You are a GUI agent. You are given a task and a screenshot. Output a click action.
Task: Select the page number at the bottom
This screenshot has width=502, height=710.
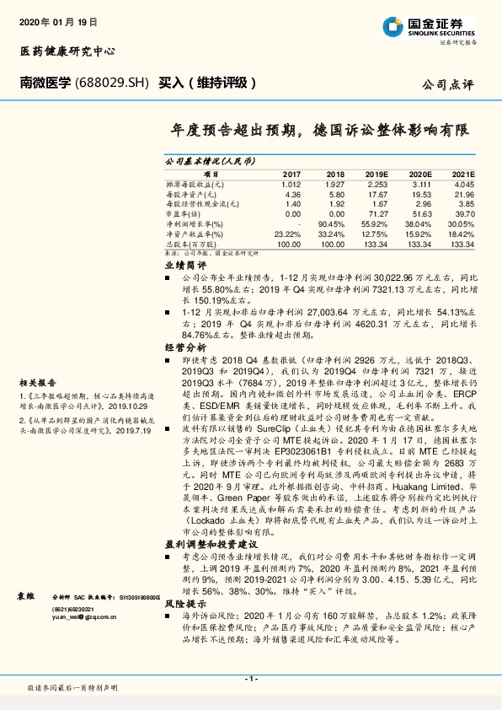[x=250, y=679]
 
